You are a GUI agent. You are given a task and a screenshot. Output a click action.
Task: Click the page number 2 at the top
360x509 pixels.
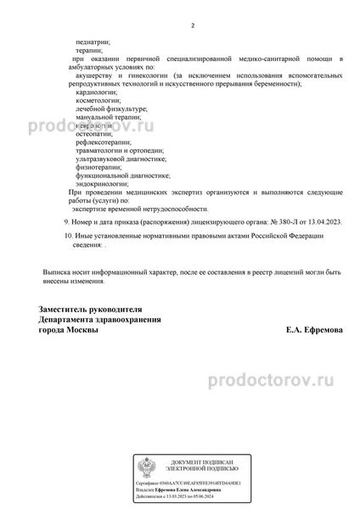coord(193,26)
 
